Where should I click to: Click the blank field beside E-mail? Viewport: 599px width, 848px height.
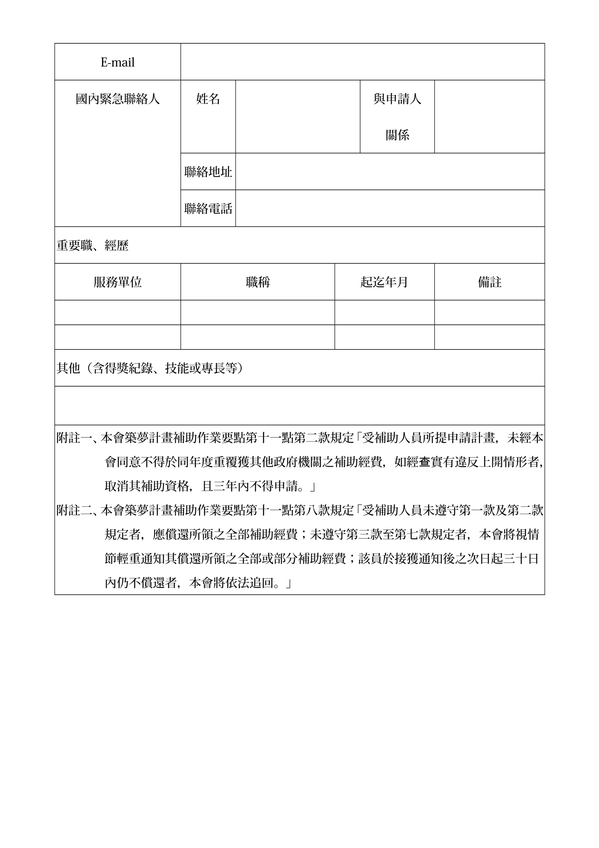coord(362,62)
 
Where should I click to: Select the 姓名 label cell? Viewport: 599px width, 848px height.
coord(208,99)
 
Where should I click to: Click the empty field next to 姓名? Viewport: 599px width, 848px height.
coord(297,116)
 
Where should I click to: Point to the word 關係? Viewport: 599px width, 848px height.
coord(397,135)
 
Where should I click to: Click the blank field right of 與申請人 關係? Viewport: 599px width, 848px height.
coord(489,116)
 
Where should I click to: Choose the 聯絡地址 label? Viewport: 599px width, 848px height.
coord(208,172)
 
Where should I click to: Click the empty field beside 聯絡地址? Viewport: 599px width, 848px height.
coord(390,171)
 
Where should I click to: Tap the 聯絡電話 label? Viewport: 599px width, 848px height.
coord(208,209)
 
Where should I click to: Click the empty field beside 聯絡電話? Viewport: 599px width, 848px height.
coord(390,208)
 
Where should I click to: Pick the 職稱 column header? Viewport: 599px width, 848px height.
coord(258,282)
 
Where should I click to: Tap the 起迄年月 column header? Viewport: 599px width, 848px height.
coord(384,282)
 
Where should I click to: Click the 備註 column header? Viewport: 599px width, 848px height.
coord(489,282)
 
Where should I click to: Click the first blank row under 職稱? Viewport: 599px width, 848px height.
coord(258,313)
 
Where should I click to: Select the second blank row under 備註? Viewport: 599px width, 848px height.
coord(489,337)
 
